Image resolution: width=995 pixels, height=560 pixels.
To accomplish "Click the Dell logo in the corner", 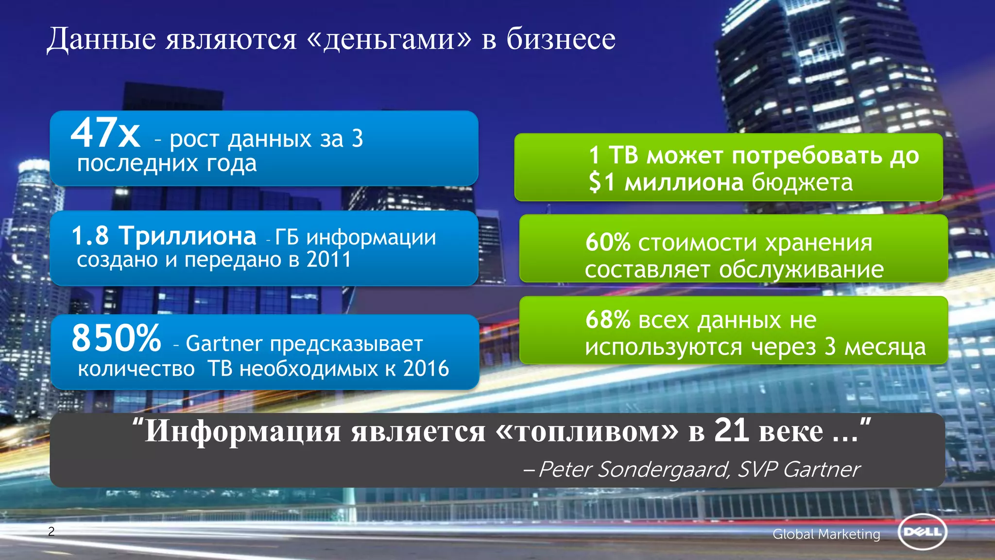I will pos(922,532).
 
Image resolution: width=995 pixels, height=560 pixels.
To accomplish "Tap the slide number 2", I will pos(51,531).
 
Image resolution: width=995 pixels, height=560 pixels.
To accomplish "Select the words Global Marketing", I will pos(826,534).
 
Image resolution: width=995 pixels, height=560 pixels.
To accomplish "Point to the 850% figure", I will pos(116,338).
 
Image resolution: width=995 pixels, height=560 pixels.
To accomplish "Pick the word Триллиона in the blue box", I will pos(188,236).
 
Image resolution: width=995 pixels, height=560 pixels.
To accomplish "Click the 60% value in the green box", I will pos(608,242).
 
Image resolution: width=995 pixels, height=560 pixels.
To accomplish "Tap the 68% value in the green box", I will pos(608,320).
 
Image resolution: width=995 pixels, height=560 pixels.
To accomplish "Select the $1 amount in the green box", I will pos(602,183).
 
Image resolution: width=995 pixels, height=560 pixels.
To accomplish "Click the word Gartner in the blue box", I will pos(224,344).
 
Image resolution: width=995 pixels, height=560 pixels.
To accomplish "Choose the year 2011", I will pos(329,260).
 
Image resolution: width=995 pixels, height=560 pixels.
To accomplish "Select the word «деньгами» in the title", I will pos(389,39).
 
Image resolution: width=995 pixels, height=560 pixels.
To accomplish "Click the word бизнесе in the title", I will pos(561,39).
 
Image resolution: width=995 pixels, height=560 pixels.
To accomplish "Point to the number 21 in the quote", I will pos(731,430).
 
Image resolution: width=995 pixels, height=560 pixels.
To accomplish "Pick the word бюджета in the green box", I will pos(802,183).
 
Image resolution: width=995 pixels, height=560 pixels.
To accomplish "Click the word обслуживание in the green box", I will pos(801,270).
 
